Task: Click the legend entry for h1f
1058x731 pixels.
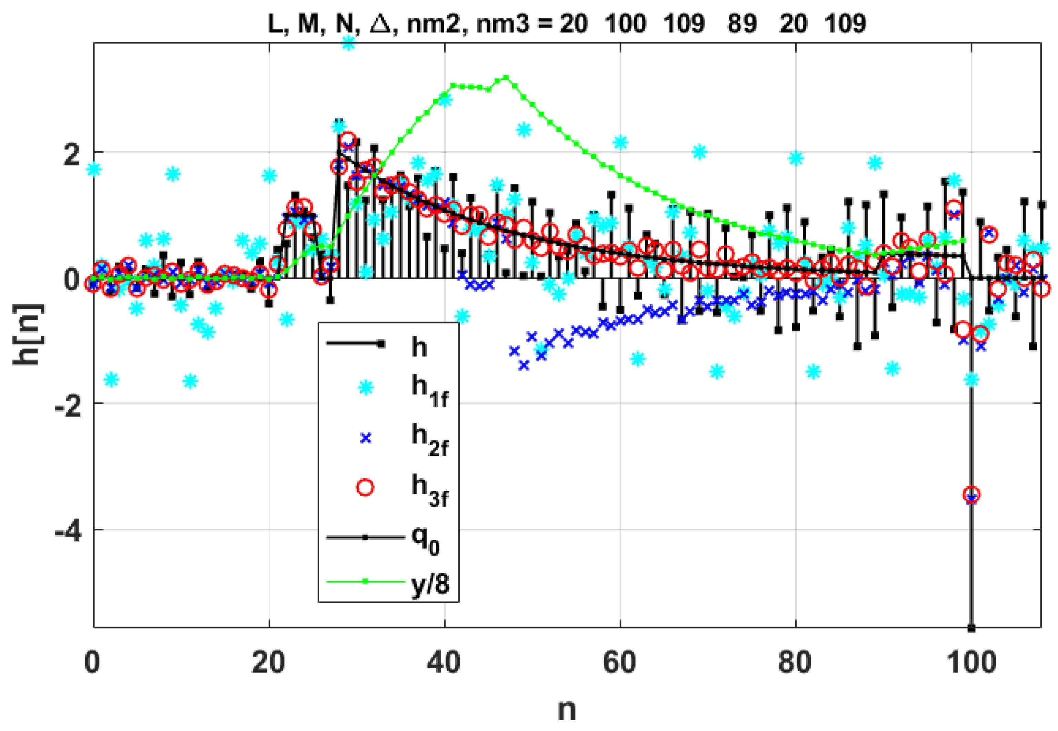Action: (429, 390)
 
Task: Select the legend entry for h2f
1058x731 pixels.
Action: (429, 440)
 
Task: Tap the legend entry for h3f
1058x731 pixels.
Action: (429, 490)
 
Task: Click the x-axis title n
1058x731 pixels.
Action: (567, 710)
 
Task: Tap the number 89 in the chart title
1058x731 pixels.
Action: (742, 23)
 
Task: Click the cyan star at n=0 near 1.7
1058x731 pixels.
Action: (94, 170)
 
